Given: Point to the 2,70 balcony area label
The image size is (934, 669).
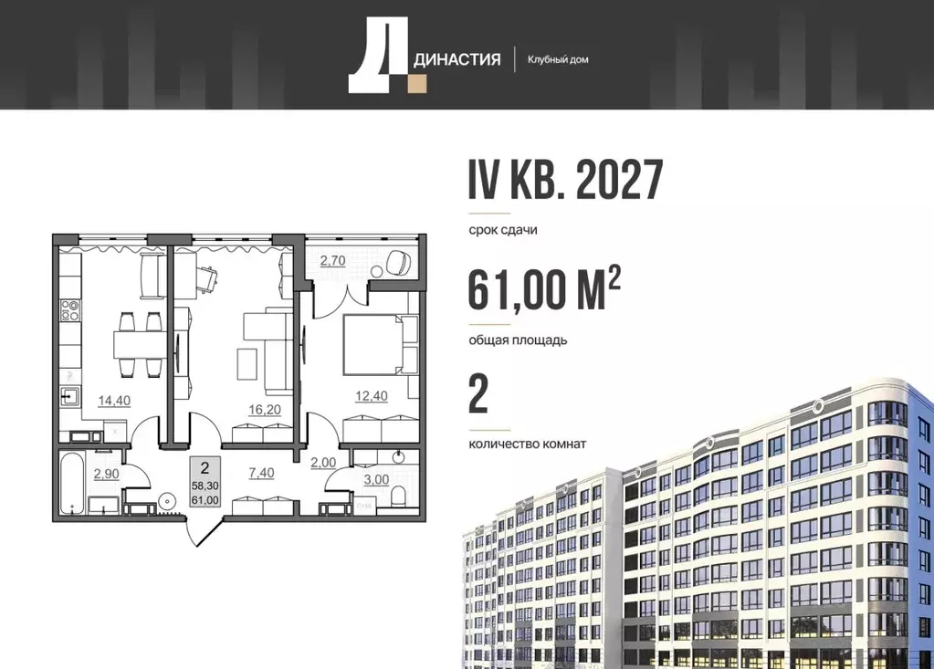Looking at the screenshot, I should pyautogui.click(x=331, y=260).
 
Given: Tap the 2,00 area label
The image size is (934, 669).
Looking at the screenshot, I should pyautogui.click(x=322, y=464).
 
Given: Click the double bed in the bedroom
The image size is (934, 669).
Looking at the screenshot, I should pyautogui.click(x=378, y=343).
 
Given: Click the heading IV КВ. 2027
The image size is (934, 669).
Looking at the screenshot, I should pyautogui.click(x=564, y=180).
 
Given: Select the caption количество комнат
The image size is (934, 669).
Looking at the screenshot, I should pyautogui.click(x=527, y=444).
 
